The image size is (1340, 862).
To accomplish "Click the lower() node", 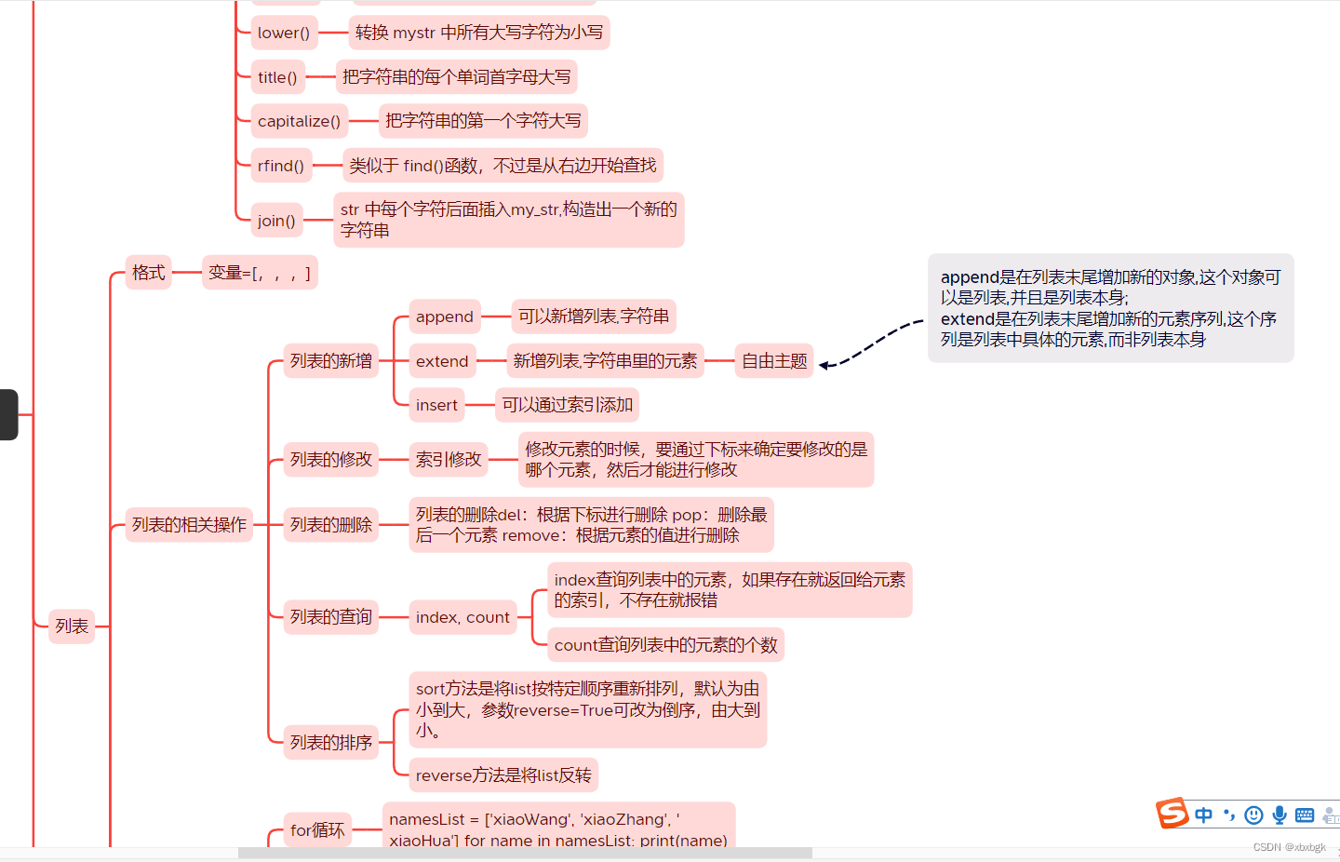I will tap(284, 33).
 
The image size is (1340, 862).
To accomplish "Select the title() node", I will tap(277, 77).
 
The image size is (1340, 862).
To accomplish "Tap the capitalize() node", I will tap(299, 121).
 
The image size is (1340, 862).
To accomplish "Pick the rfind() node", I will tap(281, 166).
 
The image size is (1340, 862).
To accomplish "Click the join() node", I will tap(276, 221).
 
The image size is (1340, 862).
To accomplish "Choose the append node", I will tap(445, 317).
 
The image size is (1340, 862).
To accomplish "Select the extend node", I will tap(442, 361).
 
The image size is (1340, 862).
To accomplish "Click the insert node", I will tap(436, 405).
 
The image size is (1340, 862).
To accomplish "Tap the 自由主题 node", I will tap(774, 361).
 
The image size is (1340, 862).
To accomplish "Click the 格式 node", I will tap(149, 273).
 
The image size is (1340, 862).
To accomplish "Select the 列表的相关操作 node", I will tap(189, 525).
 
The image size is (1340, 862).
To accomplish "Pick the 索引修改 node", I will tap(449, 459).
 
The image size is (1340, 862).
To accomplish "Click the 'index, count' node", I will tap(462, 617).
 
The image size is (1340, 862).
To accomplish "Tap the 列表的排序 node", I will tap(330, 742).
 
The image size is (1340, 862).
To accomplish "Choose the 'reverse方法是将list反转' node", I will tap(503, 775).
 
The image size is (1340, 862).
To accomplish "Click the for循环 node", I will tap(317, 829).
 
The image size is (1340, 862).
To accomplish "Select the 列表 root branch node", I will tap(72, 626).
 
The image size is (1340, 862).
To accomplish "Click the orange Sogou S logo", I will tap(1172, 813).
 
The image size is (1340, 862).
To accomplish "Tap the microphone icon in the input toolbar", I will tap(1280, 815).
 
